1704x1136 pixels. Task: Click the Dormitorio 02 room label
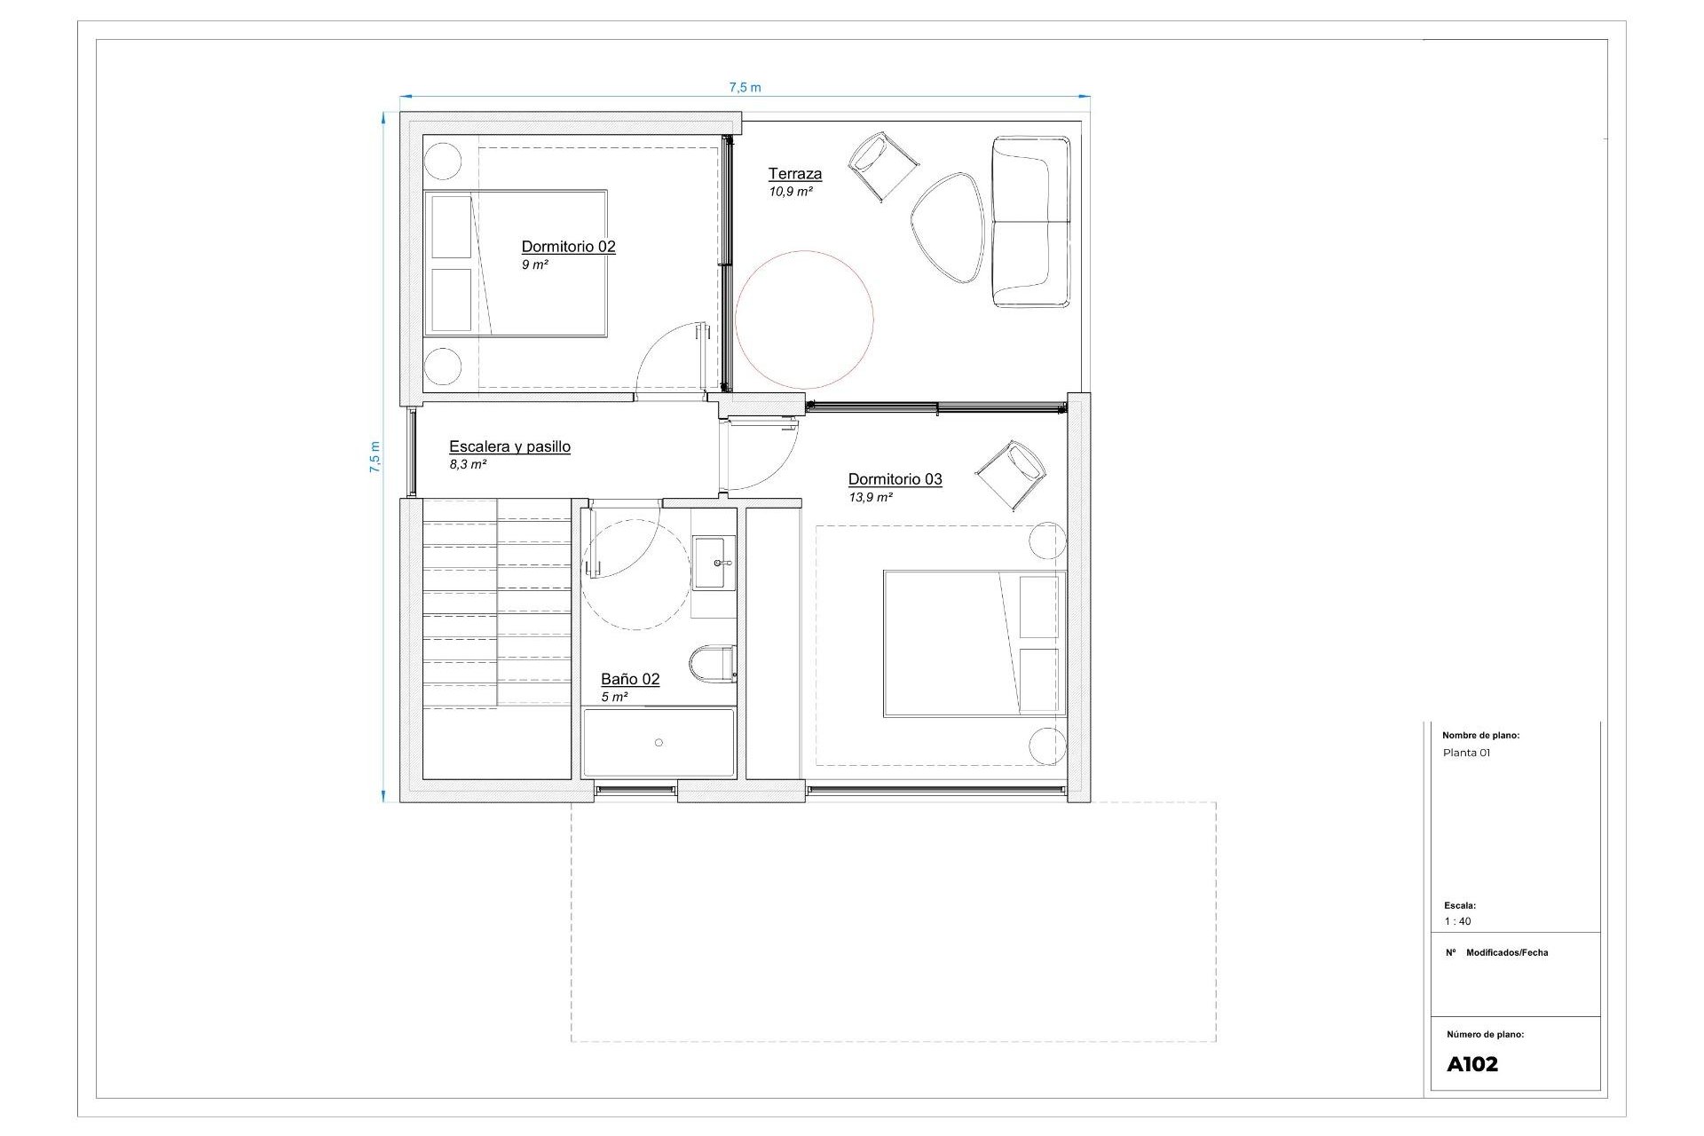(x=568, y=247)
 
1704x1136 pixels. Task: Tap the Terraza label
(x=795, y=174)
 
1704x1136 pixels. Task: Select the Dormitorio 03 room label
(x=895, y=479)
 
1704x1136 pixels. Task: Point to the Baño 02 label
(x=630, y=680)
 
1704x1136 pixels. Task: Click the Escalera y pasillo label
(x=509, y=447)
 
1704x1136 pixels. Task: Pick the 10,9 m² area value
(x=791, y=192)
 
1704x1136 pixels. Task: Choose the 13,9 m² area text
(x=871, y=498)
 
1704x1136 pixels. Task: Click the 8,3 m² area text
(x=468, y=464)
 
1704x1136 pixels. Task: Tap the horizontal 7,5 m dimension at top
(x=745, y=88)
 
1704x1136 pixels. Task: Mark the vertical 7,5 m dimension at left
(x=375, y=457)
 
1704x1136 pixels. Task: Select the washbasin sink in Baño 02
(x=714, y=563)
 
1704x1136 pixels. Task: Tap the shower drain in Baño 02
(x=659, y=742)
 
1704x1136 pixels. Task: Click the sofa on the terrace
(x=1031, y=222)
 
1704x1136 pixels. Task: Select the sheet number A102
(x=1472, y=1064)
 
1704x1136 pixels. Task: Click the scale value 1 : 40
(x=1457, y=921)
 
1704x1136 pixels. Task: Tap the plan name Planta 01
(x=1466, y=753)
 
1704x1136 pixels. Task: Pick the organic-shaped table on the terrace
(x=948, y=227)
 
